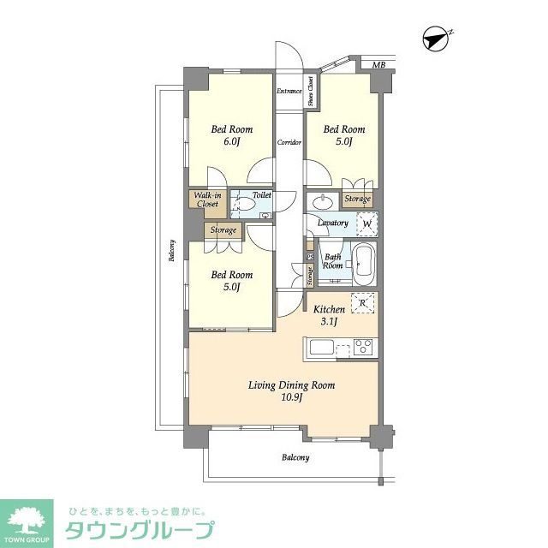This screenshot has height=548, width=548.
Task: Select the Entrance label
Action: pos(288,91)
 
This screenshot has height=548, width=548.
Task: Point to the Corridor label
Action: pos(289,142)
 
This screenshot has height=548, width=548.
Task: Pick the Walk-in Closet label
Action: pos(206,201)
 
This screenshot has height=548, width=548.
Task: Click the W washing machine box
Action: pos(366,224)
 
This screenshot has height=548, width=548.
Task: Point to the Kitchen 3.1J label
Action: pos(329,315)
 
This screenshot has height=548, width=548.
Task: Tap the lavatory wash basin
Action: pos(325,202)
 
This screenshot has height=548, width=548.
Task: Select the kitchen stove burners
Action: pos(362,348)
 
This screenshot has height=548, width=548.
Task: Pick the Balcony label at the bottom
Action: pos(295,457)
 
